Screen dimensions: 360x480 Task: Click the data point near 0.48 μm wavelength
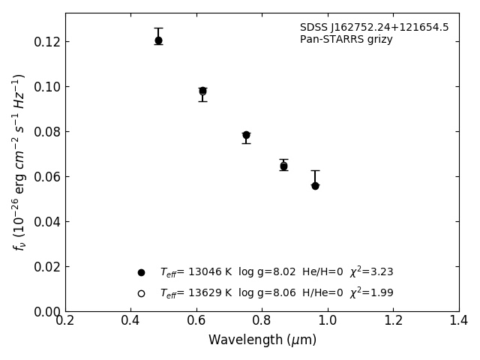pos(158,40)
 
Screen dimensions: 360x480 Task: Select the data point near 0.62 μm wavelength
pos(202,91)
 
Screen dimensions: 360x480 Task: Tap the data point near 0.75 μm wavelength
pos(246,135)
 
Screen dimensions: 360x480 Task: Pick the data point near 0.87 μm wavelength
pos(283,166)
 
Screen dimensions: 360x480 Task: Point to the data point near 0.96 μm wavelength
pos(315,185)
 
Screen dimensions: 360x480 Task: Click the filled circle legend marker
pos(141,272)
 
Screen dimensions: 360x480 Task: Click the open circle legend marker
pos(141,293)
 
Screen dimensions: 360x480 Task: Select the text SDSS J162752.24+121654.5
pos(374,28)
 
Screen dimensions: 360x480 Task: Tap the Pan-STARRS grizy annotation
pos(346,40)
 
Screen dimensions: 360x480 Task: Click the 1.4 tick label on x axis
pos(459,321)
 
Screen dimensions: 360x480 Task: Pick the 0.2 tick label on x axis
pos(65,321)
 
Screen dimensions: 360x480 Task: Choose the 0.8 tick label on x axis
pos(262,321)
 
